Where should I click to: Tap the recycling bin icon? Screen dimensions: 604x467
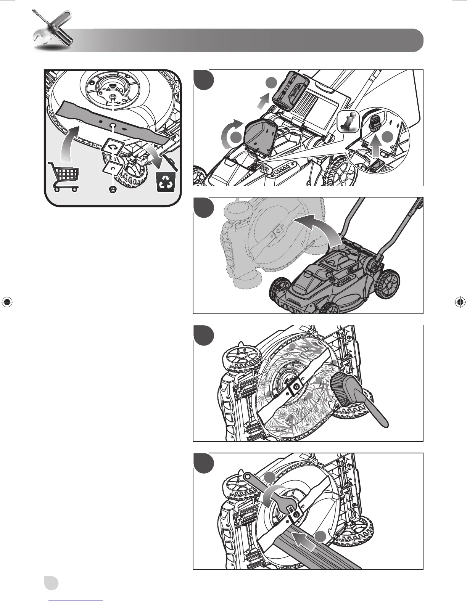[166, 182]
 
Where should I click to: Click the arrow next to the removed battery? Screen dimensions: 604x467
[262, 103]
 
